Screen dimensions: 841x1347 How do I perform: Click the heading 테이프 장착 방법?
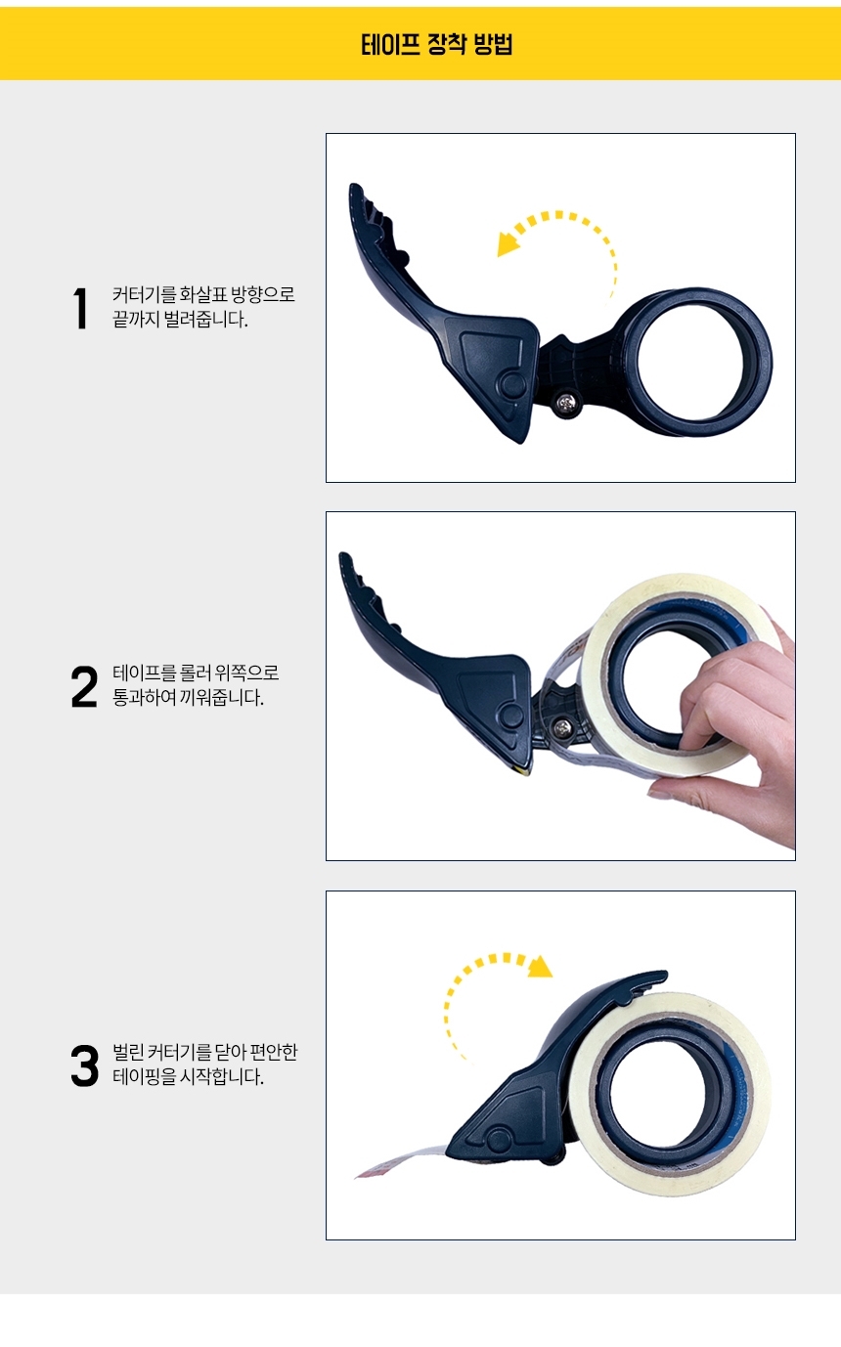[436, 44]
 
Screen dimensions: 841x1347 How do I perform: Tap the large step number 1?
[80, 309]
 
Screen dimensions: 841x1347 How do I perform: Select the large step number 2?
[84, 686]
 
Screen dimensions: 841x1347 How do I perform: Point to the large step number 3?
[84, 1065]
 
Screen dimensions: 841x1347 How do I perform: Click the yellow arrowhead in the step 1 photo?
[508, 245]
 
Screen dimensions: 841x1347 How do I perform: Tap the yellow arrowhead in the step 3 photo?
[540, 966]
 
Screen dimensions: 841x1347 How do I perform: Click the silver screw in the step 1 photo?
[565, 404]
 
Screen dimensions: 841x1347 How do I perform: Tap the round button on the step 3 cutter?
[498, 1142]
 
